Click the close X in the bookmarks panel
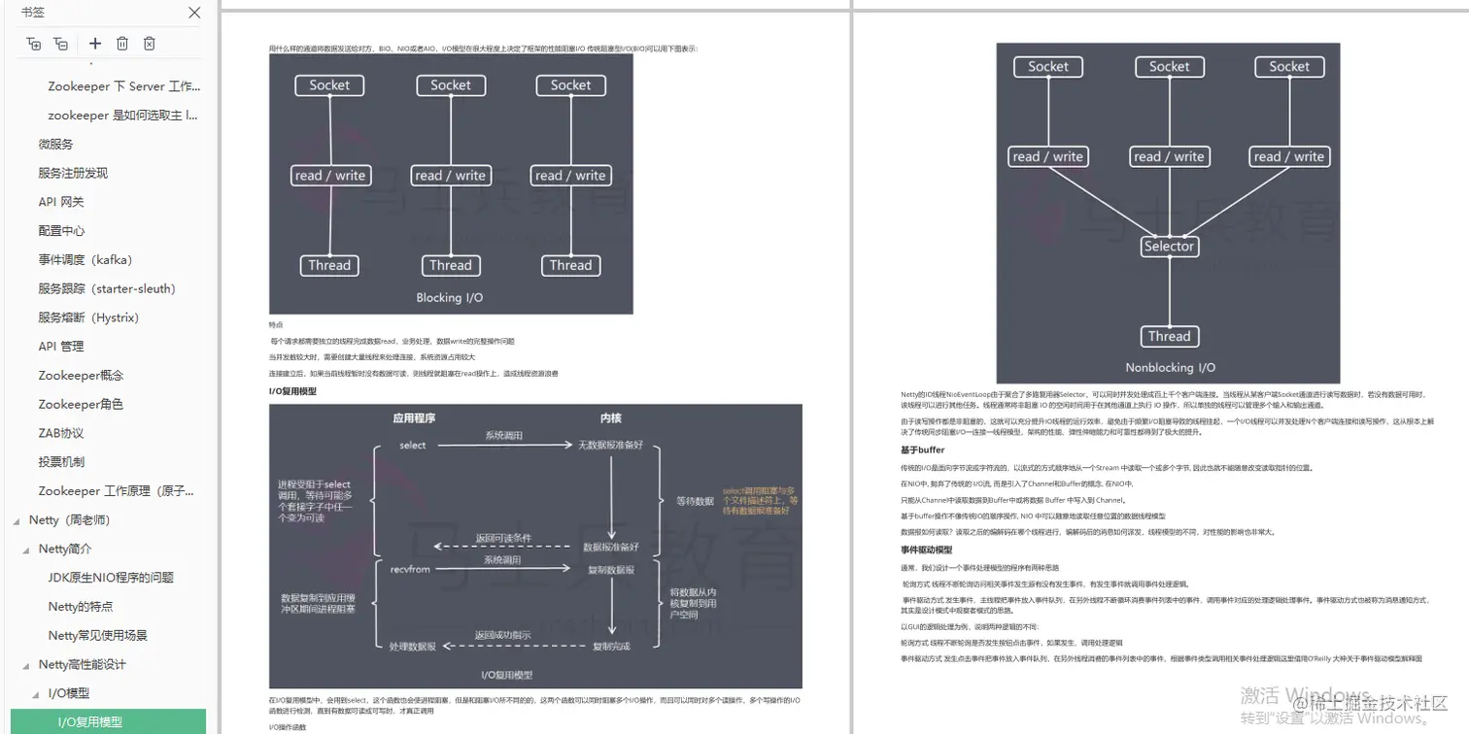(x=194, y=13)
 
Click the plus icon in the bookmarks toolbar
(x=94, y=44)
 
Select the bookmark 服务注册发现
(x=73, y=173)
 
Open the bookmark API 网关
(x=61, y=202)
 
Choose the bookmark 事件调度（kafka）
(x=85, y=259)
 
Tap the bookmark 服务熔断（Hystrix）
(x=88, y=317)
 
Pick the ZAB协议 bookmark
(x=61, y=433)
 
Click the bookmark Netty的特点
(x=81, y=607)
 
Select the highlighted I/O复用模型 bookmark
(x=90, y=722)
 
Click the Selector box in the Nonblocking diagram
(x=1169, y=247)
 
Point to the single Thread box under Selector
(x=1169, y=337)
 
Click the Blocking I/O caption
(x=450, y=298)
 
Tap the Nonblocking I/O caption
(x=1170, y=368)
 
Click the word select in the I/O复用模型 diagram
(x=413, y=445)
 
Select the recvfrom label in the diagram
(x=410, y=569)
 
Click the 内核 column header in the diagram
(x=611, y=418)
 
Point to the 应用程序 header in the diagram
(x=414, y=418)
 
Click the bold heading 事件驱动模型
(x=926, y=550)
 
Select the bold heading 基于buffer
(x=922, y=450)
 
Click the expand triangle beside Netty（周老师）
(x=17, y=520)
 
